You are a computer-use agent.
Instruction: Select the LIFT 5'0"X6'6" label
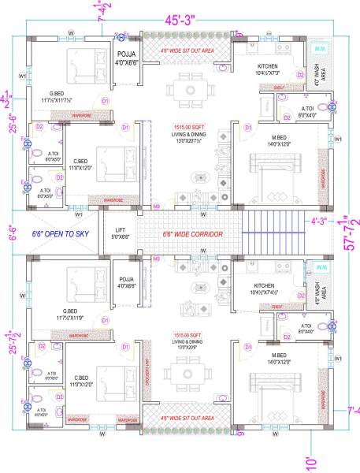point(120,233)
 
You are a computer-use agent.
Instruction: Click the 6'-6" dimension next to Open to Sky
point(10,233)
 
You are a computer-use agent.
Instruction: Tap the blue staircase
point(272,233)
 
